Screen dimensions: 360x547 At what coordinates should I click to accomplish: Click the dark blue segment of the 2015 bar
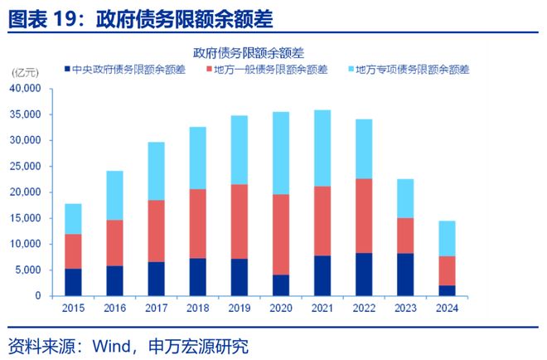point(73,282)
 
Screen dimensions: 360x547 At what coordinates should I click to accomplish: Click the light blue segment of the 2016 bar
point(114,196)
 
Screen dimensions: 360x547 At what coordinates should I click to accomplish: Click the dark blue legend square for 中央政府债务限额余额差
point(66,70)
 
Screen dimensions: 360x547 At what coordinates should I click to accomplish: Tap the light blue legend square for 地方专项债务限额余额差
point(350,70)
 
